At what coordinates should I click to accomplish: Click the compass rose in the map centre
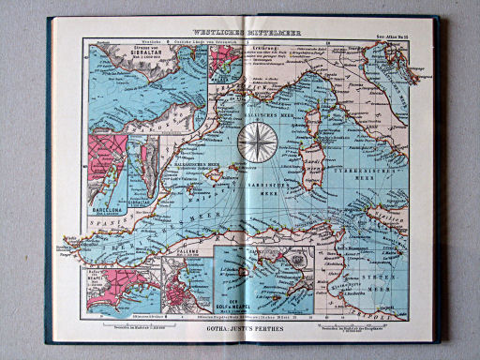pyautogui.click(x=254, y=142)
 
